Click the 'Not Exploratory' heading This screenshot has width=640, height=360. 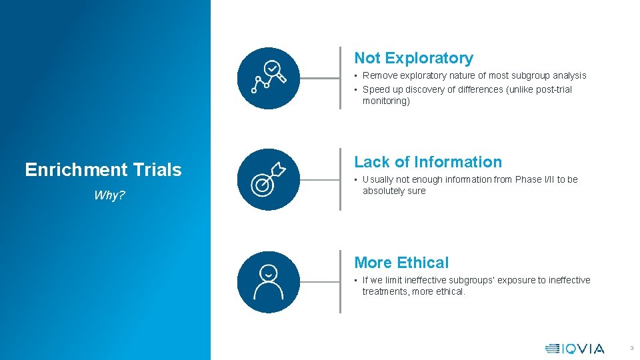[413, 59]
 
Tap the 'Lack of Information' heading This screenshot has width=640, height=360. [427, 162]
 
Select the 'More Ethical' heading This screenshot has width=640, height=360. [401, 263]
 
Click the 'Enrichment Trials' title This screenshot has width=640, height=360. [103, 170]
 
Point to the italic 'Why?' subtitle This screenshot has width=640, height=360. [109, 195]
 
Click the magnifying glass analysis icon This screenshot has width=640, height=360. [268, 78]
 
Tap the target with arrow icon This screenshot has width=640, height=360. [268, 179]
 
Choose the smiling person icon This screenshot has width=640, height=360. [268, 282]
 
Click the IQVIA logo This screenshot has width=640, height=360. [575, 348]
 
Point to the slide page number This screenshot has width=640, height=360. [631, 348]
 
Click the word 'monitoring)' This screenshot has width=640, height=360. [386, 101]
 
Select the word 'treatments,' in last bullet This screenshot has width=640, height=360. [385, 291]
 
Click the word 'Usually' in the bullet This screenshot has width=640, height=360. [378, 179]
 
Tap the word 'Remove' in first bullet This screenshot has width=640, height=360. [379, 76]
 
